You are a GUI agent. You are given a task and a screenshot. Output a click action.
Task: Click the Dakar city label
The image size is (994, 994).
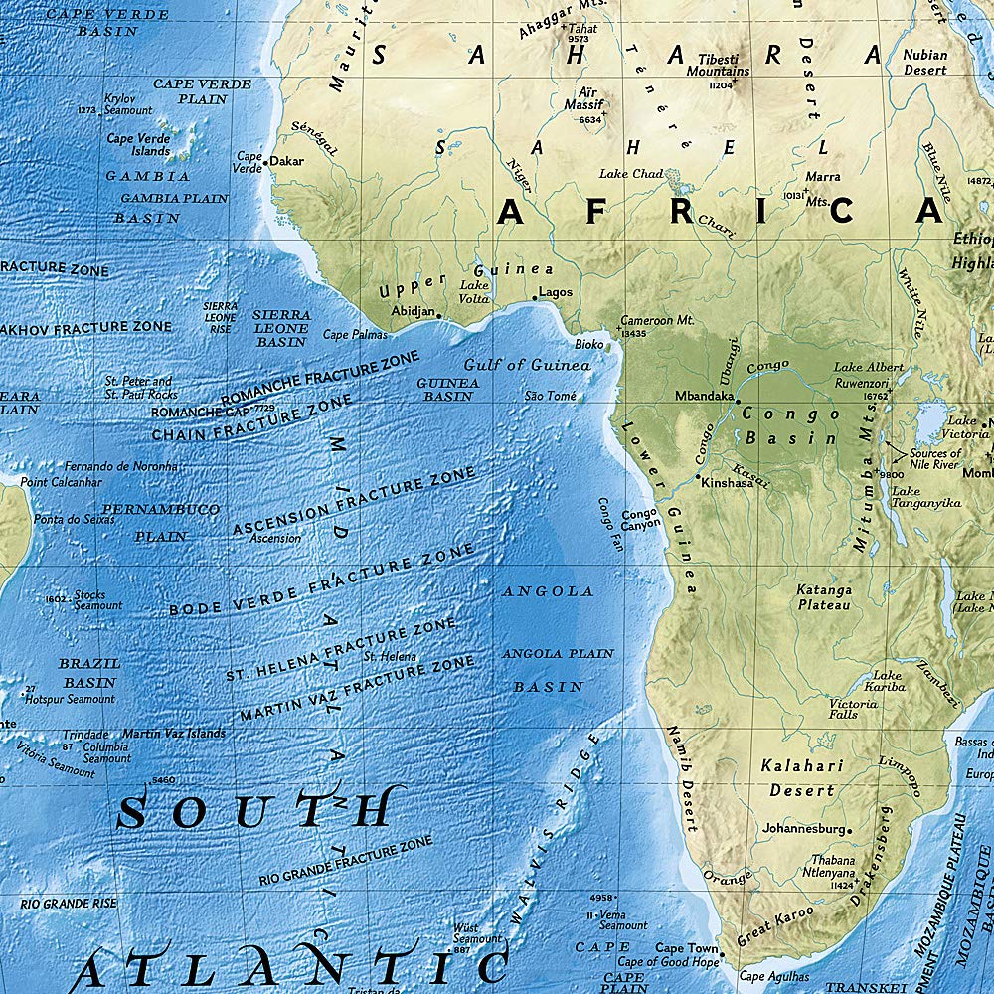point(286,161)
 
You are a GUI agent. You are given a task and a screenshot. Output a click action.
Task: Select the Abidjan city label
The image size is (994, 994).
point(414,310)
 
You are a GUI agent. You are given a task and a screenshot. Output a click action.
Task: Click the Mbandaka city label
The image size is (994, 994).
point(705,395)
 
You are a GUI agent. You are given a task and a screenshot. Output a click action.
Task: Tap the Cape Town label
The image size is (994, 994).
point(686,948)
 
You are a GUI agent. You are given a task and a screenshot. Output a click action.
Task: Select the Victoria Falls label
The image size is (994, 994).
point(854,709)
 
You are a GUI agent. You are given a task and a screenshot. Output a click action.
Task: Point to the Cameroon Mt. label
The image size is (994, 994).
point(656,321)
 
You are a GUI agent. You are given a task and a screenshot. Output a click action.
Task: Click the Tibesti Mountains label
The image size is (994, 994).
point(719,66)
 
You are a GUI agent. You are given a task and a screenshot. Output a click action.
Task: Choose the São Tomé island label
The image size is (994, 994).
point(550,396)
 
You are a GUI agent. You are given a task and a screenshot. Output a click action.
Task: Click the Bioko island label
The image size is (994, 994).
point(589,344)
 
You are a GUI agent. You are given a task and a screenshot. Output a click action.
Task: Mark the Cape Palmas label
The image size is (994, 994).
point(355,335)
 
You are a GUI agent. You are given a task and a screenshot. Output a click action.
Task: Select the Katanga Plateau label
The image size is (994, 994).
point(824,597)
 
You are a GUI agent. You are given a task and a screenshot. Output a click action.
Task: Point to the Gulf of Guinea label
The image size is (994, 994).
point(527,365)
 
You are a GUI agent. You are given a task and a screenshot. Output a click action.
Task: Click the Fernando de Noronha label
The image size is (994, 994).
point(121,466)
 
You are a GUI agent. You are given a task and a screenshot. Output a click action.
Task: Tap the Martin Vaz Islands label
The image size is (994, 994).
point(174,734)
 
